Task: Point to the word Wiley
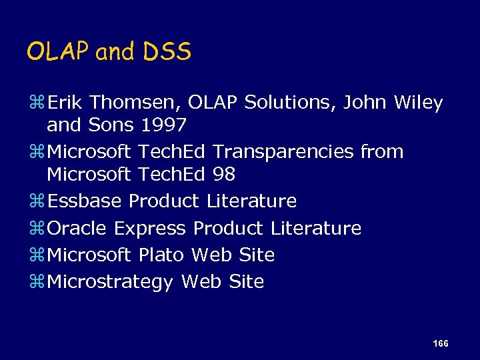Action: coord(418,103)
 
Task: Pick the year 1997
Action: coord(164,125)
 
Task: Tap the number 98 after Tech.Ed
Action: coord(224,174)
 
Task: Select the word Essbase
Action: coord(85,201)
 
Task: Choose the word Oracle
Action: coord(77,228)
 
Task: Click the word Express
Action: coord(150,229)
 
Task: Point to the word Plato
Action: coord(162,255)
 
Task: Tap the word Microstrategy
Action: coord(111,282)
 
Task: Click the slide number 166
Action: coord(440,343)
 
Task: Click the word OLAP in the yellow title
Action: coord(58,52)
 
